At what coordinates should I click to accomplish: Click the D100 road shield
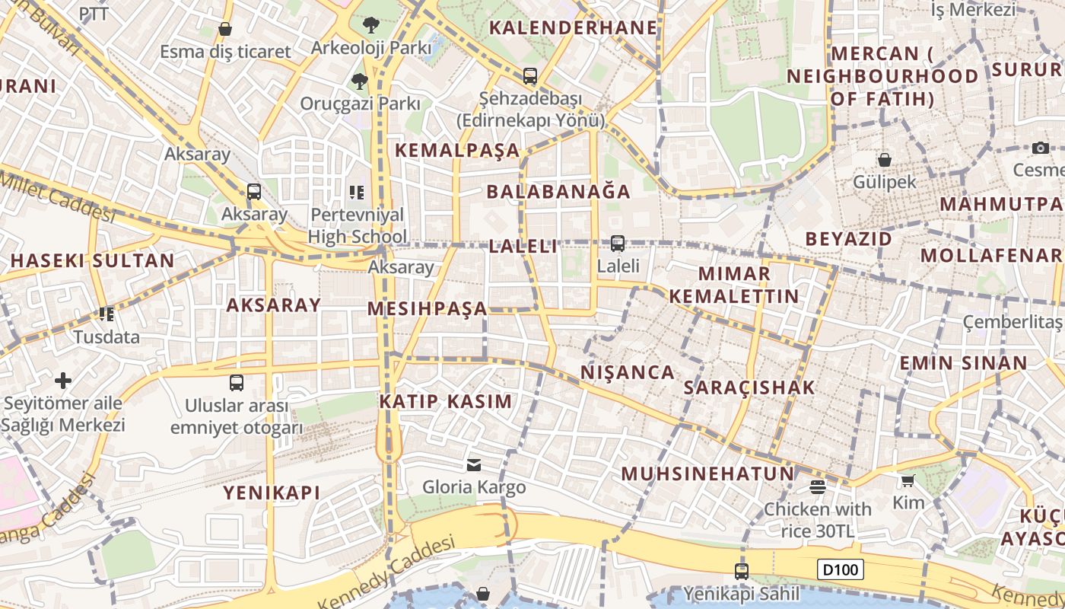tap(841, 569)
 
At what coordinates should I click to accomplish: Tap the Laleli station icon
tap(618, 244)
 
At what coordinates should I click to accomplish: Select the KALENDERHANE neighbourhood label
tap(573, 28)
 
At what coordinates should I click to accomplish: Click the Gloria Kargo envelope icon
tap(474, 464)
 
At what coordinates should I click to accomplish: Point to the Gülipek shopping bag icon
tap(885, 160)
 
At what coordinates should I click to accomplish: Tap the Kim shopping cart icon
tap(908, 480)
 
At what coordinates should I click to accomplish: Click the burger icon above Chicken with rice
tap(818, 486)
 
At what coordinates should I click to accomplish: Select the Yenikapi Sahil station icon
tap(742, 571)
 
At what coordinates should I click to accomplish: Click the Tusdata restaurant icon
tap(106, 314)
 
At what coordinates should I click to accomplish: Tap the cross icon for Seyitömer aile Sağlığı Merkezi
tap(63, 380)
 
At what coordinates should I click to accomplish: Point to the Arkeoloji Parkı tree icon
tap(371, 25)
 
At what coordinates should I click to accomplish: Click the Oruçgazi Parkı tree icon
tap(359, 81)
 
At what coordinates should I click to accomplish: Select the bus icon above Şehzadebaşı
tap(530, 76)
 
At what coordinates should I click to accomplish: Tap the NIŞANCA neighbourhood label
tap(628, 372)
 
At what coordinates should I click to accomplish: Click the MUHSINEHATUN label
tap(707, 473)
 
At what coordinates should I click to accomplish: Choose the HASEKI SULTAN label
tap(92, 260)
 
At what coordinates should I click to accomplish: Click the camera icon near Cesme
tap(1041, 148)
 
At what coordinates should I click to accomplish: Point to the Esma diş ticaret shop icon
tap(225, 29)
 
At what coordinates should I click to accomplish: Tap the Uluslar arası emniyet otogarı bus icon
tap(237, 382)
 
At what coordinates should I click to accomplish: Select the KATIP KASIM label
tap(446, 401)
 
